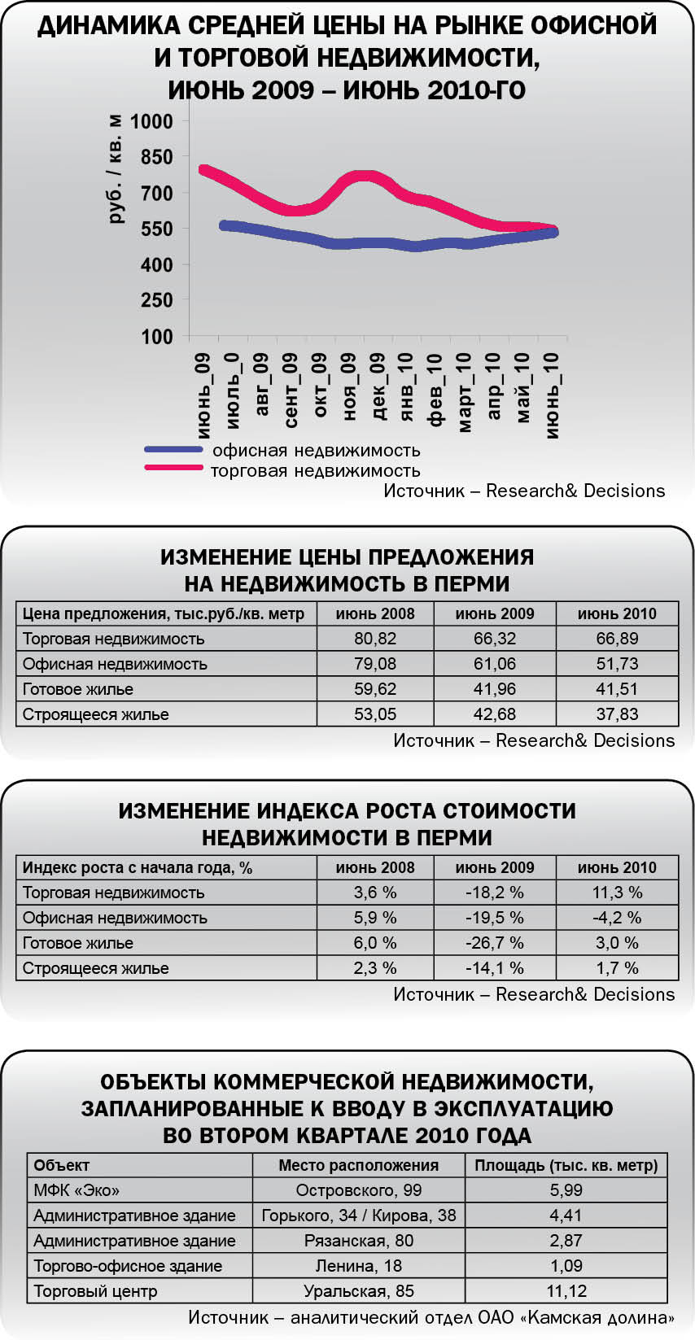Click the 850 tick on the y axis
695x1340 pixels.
pos(156,157)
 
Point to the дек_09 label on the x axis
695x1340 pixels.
pos(378,386)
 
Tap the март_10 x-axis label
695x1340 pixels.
pos(465,392)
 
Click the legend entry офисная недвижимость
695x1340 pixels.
pos(316,450)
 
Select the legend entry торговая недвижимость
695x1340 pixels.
pos(315,470)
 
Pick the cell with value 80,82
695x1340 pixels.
pos(374,639)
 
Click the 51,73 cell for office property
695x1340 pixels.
pos(617,664)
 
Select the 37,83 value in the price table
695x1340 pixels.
pos(617,714)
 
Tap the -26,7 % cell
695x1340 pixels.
pos(494,943)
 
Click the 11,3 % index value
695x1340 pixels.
pos(617,893)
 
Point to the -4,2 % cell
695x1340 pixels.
pos(617,918)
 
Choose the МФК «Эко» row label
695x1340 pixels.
pos(76,1190)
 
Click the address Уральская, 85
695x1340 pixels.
pos(358,1291)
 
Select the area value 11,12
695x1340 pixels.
pos(566,1291)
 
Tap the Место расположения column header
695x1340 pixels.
pos(358,1165)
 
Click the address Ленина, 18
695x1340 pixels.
pos(358,1266)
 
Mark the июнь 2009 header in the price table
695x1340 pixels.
pos(494,614)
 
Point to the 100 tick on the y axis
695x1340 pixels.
pos(156,336)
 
